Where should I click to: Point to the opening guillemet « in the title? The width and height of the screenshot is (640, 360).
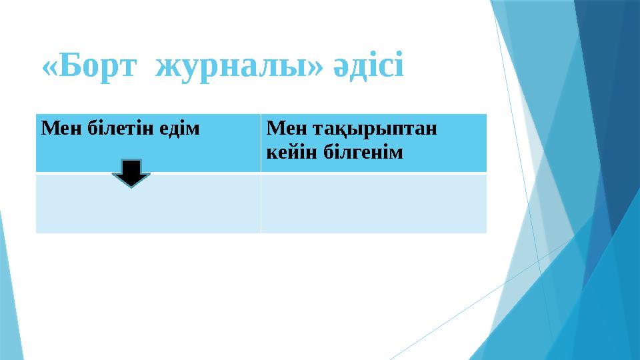(49, 69)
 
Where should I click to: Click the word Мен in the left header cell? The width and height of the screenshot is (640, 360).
(55, 127)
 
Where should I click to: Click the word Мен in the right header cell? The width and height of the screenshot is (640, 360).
(281, 127)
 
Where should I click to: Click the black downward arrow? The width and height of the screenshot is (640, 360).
(131, 173)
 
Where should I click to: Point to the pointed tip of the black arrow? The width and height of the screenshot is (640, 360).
(131, 185)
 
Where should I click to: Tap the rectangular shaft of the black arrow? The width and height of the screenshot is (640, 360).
(131, 167)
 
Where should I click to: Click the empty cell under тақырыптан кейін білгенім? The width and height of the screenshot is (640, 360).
(373, 203)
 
